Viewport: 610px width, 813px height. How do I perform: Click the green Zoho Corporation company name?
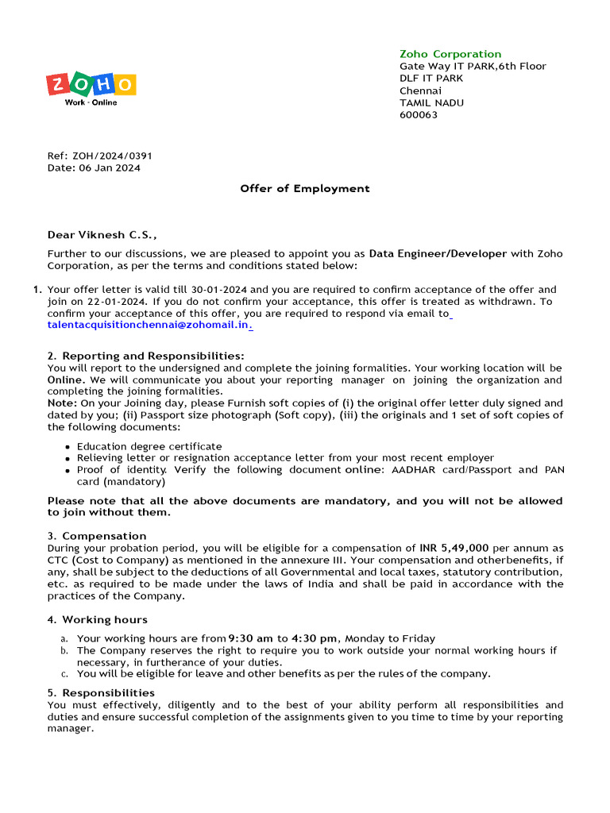[x=450, y=54]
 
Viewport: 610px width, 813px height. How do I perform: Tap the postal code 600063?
[x=418, y=115]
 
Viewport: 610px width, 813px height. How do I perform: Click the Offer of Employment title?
[x=305, y=188]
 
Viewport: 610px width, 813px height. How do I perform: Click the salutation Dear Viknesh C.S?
[x=102, y=235]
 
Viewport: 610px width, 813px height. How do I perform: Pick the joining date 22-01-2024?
[x=118, y=302]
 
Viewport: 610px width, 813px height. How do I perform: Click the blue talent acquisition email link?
[x=149, y=326]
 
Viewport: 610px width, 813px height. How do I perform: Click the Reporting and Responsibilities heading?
[x=152, y=356]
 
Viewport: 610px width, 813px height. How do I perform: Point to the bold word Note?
[x=62, y=403]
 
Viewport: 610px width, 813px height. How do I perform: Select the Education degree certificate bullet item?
[x=149, y=447]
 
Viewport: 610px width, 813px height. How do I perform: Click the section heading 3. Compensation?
[x=97, y=536]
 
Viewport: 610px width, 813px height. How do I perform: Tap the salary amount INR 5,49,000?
[x=454, y=548]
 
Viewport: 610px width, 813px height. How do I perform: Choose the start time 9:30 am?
[x=250, y=638]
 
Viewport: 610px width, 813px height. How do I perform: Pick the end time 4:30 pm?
[x=315, y=638]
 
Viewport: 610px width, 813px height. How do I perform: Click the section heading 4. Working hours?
[x=97, y=619]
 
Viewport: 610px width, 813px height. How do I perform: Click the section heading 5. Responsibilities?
[x=101, y=693]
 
